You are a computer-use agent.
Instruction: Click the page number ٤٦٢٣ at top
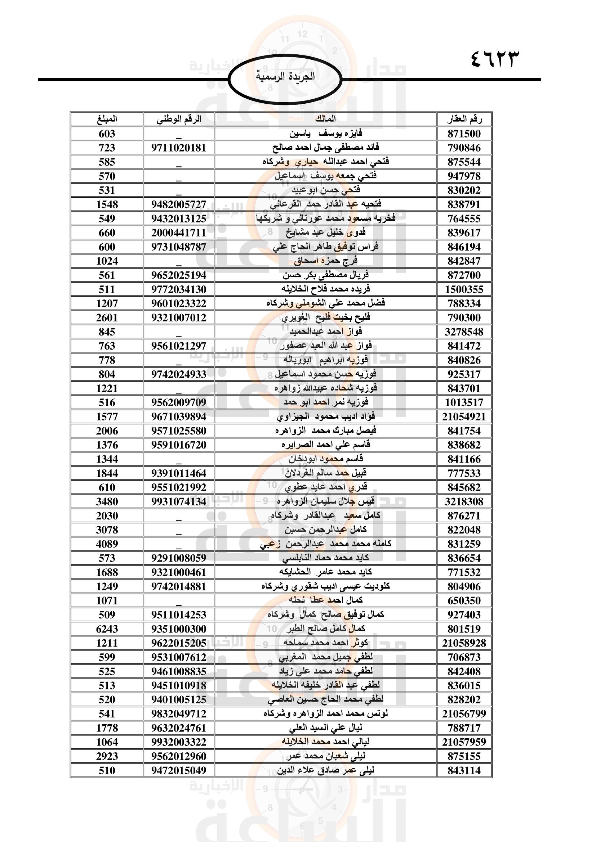495,59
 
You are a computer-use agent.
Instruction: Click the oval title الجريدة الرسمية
285,77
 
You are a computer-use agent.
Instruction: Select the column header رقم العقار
464,119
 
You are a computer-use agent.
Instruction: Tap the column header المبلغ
107,119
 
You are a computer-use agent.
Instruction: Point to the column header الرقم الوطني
179,119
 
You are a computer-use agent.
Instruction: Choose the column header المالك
325,119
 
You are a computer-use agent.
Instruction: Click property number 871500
464,134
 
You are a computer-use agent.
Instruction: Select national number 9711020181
179,148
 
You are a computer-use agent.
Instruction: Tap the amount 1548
107,204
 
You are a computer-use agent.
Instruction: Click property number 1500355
464,290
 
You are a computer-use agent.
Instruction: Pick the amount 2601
107,318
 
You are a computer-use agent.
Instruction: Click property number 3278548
464,332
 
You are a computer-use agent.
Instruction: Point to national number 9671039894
179,417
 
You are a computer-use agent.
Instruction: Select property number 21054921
464,417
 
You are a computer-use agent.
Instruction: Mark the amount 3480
107,502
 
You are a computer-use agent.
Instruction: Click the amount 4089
107,544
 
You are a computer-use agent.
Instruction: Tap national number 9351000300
179,629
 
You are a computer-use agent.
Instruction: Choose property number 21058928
464,643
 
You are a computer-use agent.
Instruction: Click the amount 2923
107,757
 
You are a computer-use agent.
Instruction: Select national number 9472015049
179,770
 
